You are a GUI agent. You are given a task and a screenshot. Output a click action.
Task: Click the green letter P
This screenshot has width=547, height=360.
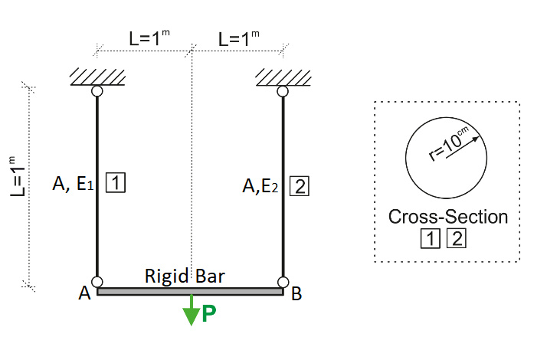click(x=209, y=315)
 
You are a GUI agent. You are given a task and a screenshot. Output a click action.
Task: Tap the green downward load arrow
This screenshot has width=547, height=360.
click(x=191, y=309)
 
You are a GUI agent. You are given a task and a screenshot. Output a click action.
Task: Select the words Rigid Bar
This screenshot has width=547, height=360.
click(x=185, y=276)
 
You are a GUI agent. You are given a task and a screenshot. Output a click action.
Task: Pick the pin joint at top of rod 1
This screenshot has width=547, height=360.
click(x=97, y=91)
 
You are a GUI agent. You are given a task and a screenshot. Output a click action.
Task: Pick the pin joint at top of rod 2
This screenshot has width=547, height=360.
click(x=283, y=91)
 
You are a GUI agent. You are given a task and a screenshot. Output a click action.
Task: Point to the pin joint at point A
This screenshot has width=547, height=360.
click(x=97, y=282)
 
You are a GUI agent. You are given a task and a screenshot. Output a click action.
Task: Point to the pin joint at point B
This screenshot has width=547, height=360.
click(x=283, y=282)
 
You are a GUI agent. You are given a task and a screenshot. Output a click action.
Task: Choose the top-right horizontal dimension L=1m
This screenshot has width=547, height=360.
click(x=239, y=38)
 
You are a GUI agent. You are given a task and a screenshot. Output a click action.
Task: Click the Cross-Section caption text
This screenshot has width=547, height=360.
click(x=448, y=217)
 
